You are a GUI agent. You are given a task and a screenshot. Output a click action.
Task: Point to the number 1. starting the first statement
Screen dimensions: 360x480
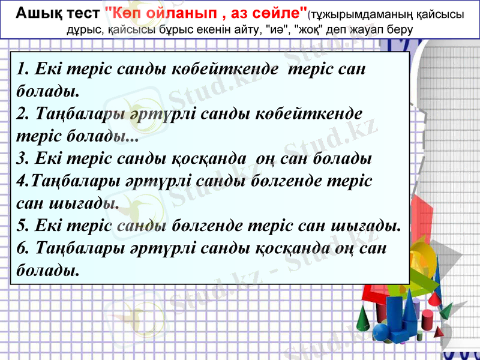pyautogui.click(x=23, y=70)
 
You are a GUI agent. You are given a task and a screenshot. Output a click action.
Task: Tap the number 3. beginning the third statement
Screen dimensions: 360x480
pyautogui.click(x=23, y=159)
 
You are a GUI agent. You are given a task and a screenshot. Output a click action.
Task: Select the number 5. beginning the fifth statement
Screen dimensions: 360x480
pyautogui.click(x=23, y=226)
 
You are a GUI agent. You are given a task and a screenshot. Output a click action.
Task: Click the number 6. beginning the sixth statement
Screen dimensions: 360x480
pyautogui.click(x=23, y=247)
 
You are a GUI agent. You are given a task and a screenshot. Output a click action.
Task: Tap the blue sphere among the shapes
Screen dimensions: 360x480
pyautogui.click(x=382, y=332)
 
